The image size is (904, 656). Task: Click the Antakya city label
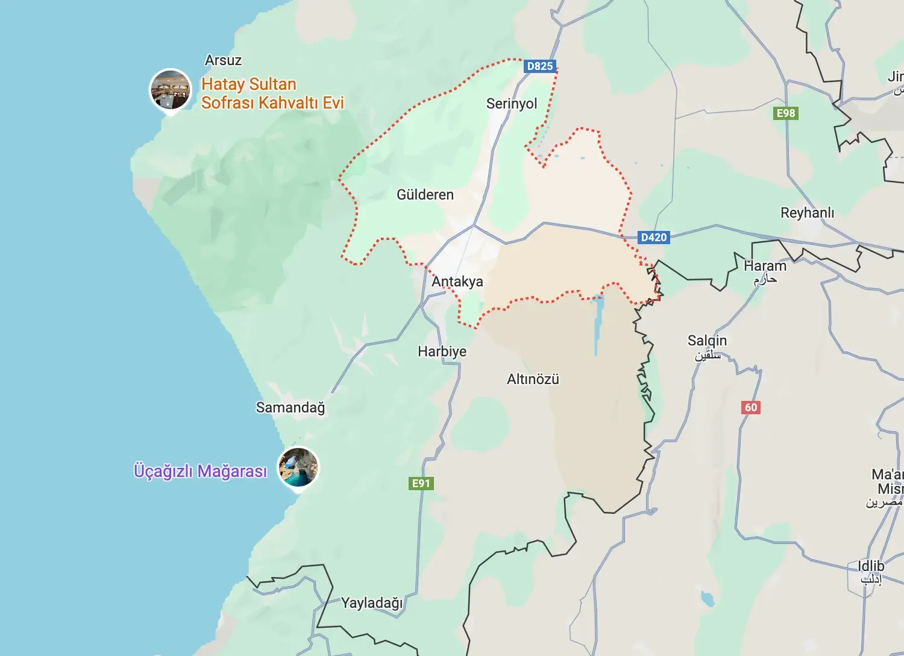[x=457, y=282]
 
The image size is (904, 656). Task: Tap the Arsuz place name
[x=223, y=60]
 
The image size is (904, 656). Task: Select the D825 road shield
[x=539, y=66]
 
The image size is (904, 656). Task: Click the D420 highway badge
[x=654, y=237]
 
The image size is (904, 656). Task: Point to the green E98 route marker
[x=785, y=113]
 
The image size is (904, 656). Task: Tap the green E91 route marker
[x=421, y=483]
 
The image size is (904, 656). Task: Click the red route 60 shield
[x=750, y=407]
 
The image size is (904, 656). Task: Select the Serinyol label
[x=512, y=104]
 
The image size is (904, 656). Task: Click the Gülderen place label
[x=425, y=195]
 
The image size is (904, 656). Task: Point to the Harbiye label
[x=442, y=352]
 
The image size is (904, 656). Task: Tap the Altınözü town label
[x=533, y=379]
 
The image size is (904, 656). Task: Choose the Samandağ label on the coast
[x=290, y=408]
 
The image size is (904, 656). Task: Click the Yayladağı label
[x=372, y=603]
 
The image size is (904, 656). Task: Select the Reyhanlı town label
[x=807, y=213]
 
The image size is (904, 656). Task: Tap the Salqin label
[x=707, y=341]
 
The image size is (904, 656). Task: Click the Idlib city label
[x=871, y=567]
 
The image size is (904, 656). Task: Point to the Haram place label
[x=765, y=266]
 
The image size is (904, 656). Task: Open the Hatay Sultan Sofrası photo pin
[x=171, y=89]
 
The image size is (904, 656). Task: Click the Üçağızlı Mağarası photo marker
[x=298, y=467]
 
